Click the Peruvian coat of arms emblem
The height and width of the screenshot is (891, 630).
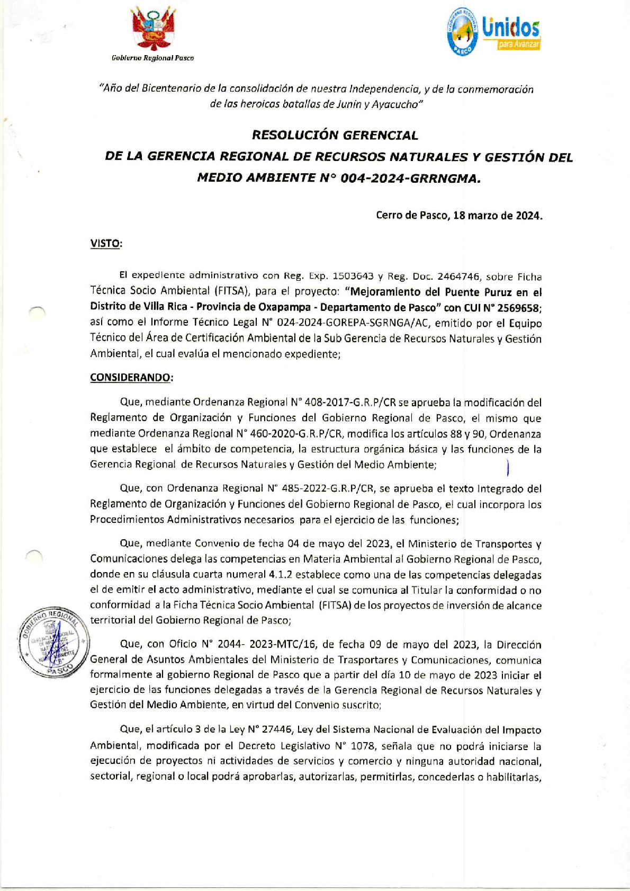(x=153, y=31)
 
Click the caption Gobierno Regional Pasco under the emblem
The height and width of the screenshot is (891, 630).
(x=152, y=58)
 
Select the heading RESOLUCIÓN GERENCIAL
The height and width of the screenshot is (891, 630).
(x=335, y=135)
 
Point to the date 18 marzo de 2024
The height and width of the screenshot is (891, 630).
(x=498, y=216)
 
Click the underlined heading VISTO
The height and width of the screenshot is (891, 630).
(x=106, y=243)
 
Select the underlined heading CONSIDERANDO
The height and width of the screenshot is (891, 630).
(x=131, y=378)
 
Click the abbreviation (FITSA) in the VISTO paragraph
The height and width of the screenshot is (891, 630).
(x=232, y=291)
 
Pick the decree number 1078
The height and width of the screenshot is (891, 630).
(x=362, y=746)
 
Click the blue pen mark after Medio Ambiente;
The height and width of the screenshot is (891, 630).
(x=507, y=467)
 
